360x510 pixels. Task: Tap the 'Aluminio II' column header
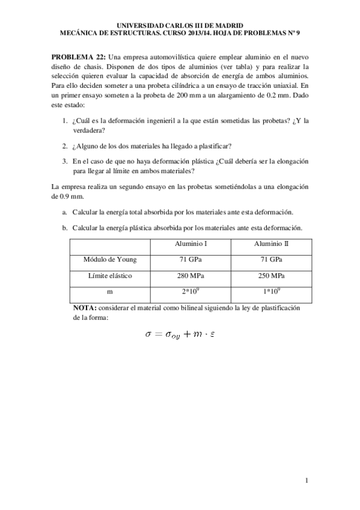tap(271, 244)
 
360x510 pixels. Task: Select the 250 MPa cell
tap(271, 275)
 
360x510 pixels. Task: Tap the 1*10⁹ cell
tap(271, 291)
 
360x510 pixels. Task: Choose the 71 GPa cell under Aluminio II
tap(271, 259)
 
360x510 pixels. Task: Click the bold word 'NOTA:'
tap(85, 307)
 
